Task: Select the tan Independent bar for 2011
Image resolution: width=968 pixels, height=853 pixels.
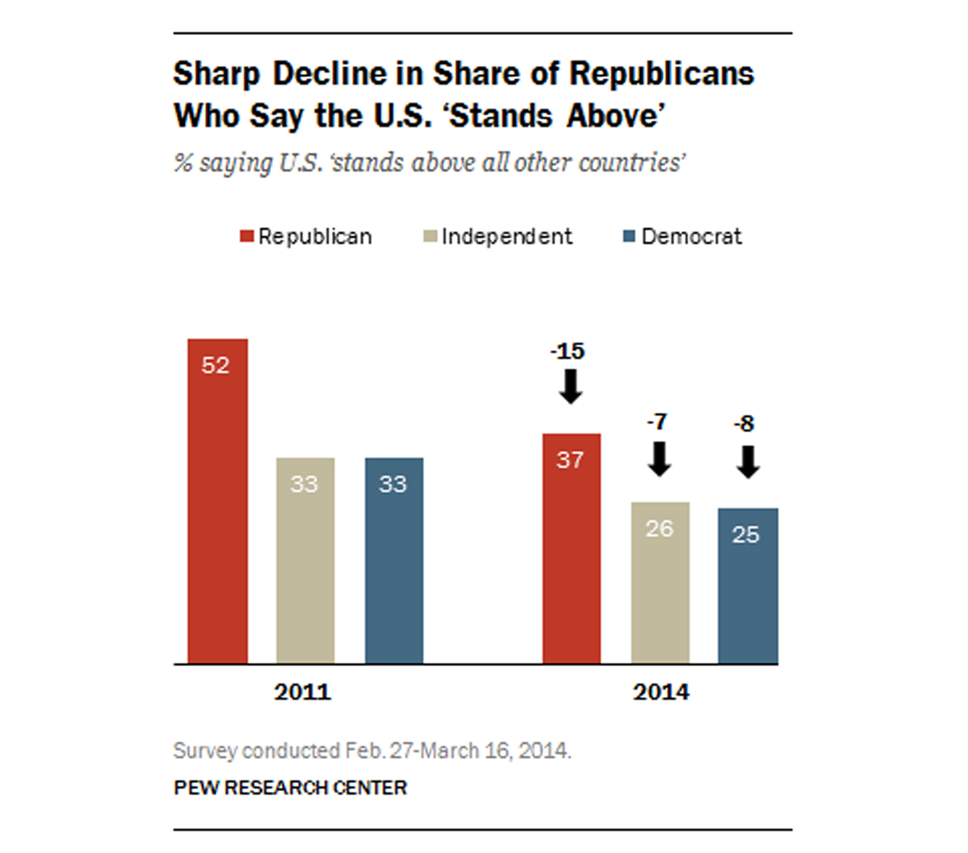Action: [x=305, y=568]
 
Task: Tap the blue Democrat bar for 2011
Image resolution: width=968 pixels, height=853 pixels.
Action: [x=394, y=568]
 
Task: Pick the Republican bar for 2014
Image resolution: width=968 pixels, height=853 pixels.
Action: [x=571, y=561]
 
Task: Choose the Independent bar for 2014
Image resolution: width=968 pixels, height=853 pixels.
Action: [x=660, y=594]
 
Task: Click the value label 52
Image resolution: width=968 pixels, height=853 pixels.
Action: [x=216, y=366]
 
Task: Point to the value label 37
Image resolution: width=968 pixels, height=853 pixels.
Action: [x=570, y=460]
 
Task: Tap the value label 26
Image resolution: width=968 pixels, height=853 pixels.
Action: [x=660, y=529]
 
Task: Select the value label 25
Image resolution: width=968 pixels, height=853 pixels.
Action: [x=746, y=535]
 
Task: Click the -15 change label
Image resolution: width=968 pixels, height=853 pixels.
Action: [x=568, y=352]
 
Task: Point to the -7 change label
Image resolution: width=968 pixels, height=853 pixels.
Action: [x=657, y=422]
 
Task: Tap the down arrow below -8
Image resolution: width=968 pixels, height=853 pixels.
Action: [x=748, y=463]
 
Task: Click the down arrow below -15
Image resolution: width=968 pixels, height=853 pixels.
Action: [x=570, y=386]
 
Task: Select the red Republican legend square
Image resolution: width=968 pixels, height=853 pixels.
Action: [x=247, y=236]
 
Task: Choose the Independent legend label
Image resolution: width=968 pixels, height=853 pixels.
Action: [x=507, y=237]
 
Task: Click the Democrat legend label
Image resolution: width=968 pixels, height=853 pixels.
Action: [x=691, y=237]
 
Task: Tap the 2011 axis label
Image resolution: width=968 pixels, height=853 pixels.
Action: [x=302, y=692]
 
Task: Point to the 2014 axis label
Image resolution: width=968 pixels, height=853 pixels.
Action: [x=661, y=692]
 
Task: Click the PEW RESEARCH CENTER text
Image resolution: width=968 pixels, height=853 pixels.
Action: [x=290, y=788]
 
